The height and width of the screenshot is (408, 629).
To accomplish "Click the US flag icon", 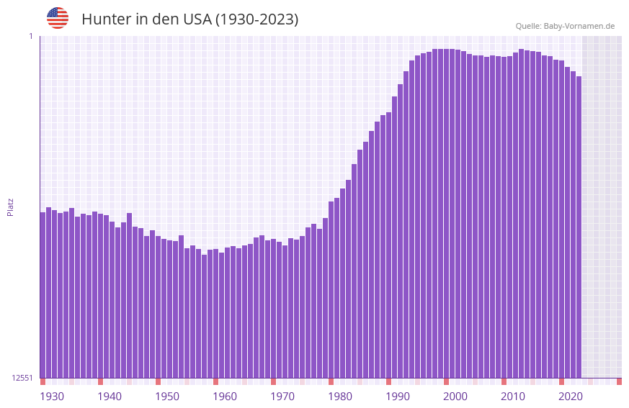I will (x=58, y=18).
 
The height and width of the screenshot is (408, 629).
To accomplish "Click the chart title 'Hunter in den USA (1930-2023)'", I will (x=189, y=19).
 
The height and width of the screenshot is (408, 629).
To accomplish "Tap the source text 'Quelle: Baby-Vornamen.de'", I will (x=565, y=26).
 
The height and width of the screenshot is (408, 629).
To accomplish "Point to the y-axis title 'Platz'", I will (x=10, y=207).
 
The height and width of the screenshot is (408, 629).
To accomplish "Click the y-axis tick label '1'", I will (x=31, y=36).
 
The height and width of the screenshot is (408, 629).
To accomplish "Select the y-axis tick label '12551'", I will (x=22, y=378).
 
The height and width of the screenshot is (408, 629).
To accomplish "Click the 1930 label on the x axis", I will (x=52, y=396).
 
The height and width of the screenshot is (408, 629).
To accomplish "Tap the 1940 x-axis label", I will (x=110, y=396).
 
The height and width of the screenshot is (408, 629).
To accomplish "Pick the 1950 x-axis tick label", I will (x=167, y=396).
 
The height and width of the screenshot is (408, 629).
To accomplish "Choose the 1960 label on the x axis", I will (x=225, y=396).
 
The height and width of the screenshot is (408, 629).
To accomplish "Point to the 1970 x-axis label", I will (x=282, y=396).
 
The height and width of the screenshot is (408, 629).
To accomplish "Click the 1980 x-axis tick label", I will (x=340, y=396).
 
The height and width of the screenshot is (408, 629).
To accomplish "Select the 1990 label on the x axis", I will (x=398, y=396).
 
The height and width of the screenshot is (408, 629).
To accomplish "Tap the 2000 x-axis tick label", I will (x=455, y=396).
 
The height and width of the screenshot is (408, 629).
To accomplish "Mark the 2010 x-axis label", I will (x=513, y=396).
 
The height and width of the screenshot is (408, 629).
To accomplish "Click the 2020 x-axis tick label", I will (x=571, y=396).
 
